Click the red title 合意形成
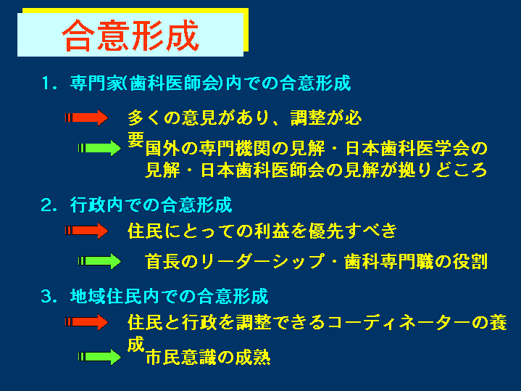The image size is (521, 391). click(x=130, y=36)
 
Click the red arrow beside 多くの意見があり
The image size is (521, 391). click(x=86, y=118)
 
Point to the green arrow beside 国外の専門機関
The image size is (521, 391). click(x=99, y=148)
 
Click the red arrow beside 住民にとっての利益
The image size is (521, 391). click(x=86, y=231)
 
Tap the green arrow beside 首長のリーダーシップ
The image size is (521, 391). click(x=99, y=261)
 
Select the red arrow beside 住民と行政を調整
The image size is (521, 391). click(x=86, y=322)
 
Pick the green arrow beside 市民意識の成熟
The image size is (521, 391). click(x=99, y=357)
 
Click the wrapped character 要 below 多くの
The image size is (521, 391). click(x=136, y=139)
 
